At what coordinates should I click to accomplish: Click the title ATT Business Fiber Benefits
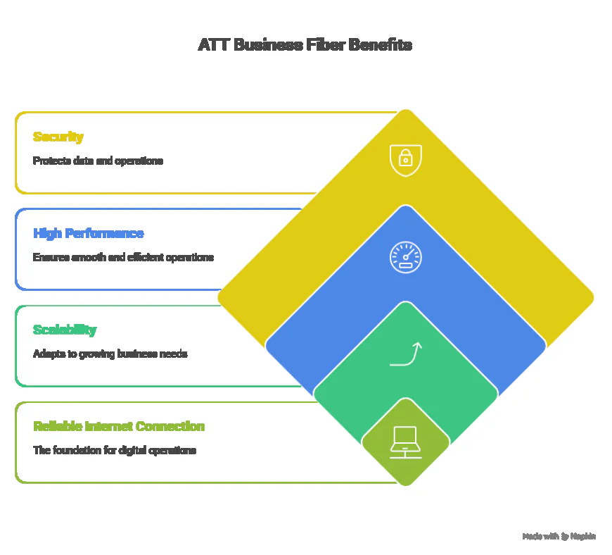305,45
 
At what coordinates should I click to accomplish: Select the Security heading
58,137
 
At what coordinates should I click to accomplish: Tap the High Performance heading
89,233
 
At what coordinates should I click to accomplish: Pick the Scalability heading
65,330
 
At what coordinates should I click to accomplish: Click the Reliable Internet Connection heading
119,426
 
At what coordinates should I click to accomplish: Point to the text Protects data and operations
98,161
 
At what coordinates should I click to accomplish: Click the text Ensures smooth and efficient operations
123,257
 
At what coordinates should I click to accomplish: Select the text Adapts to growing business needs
110,354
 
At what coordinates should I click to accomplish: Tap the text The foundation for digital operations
115,450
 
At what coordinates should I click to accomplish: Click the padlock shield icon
406,160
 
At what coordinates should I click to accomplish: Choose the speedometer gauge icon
406,257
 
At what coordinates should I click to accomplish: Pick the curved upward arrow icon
406,354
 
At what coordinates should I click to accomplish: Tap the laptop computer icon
406,442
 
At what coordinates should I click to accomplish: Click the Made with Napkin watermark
559,537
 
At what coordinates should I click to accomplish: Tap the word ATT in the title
212,45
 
